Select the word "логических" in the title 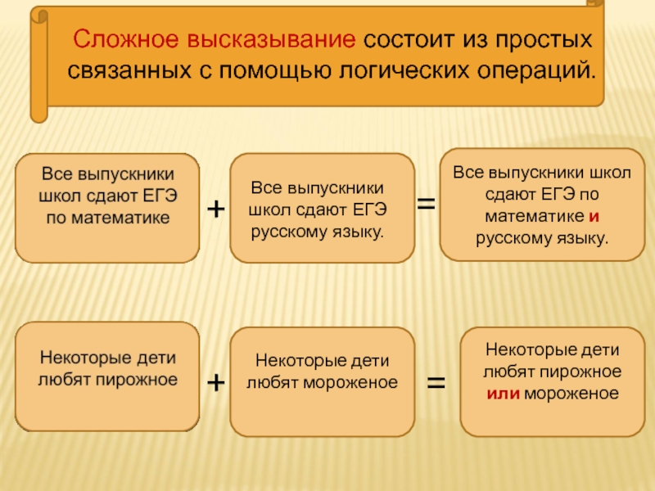(x=406, y=70)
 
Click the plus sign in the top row (x=215, y=209)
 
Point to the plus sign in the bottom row (x=215, y=381)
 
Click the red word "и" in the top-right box (x=592, y=217)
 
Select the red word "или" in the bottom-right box (x=500, y=393)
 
